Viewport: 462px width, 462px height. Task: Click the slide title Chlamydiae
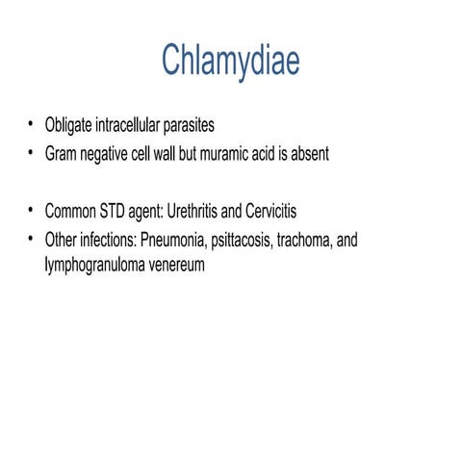(230, 60)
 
